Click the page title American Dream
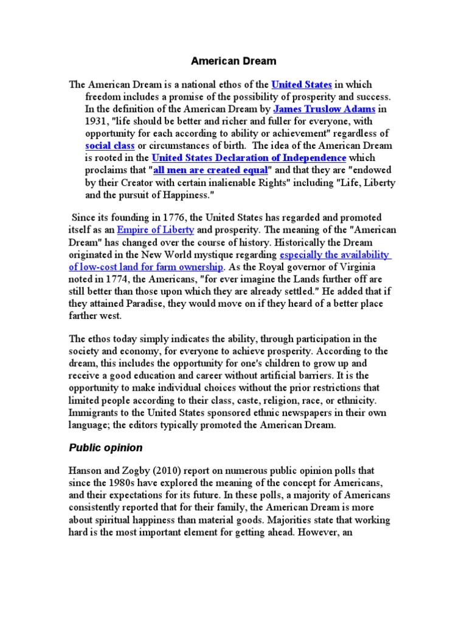coord(233,61)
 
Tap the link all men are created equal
coord(210,170)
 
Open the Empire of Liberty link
coord(156,230)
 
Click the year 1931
coord(95,121)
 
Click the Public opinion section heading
coord(106,448)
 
